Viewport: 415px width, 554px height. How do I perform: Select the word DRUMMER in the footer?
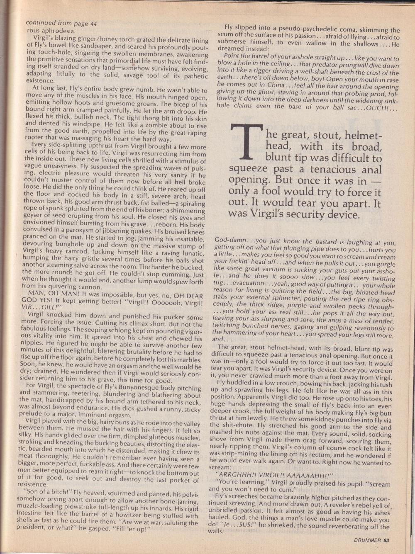click(x=366, y=540)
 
